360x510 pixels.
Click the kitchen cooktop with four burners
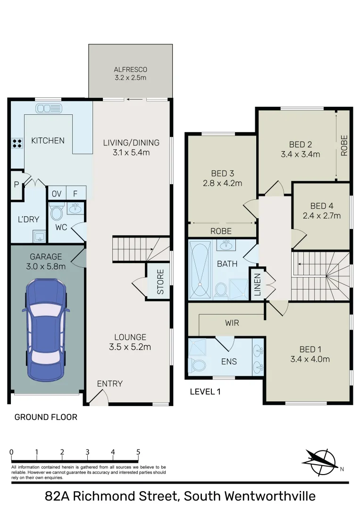[17, 143]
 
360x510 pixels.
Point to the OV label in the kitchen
[57, 193]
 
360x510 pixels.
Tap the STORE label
[160, 282]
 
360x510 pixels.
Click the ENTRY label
[109, 383]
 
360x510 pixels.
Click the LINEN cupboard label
[257, 284]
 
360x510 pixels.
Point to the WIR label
[232, 323]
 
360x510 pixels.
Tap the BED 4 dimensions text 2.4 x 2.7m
[321, 216]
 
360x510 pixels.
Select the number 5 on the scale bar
[138, 451]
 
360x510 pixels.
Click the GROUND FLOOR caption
[46, 417]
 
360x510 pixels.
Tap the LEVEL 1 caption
[205, 391]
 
